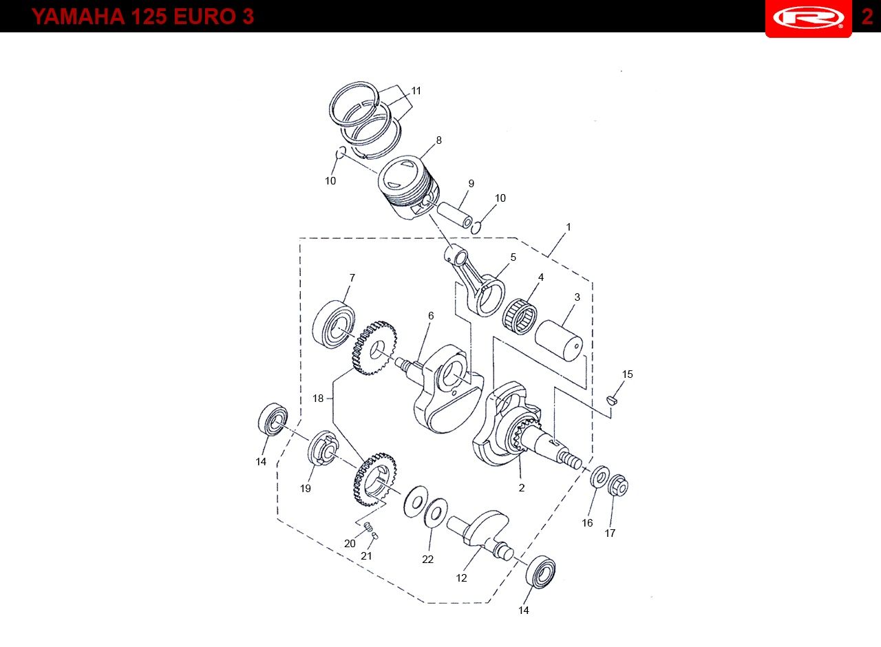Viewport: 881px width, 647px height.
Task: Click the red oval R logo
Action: point(808,17)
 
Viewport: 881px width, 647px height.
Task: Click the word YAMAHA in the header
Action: point(78,17)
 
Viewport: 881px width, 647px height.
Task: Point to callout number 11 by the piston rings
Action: point(416,91)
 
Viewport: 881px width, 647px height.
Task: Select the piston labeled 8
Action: point(408,187)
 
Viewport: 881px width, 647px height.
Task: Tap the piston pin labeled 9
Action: point(455,215)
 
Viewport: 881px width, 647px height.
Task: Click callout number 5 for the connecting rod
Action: point(513,257)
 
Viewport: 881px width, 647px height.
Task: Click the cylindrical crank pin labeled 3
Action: point(558,341)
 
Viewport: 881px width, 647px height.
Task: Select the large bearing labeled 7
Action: point(334,324)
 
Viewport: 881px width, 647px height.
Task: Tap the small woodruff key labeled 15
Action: point(613,400)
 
